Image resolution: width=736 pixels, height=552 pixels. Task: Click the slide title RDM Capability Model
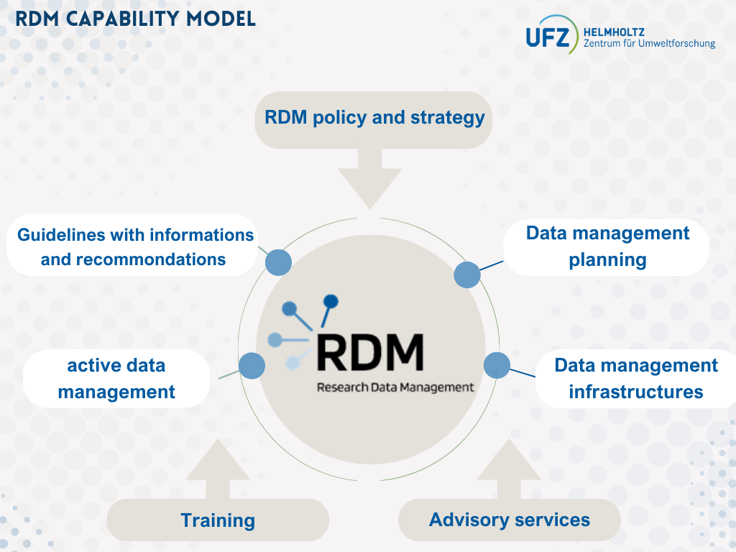(x=136, y=18)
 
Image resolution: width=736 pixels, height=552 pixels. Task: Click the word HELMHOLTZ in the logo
(x=615, y=32)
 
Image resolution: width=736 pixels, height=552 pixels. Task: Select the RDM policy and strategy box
(x=374, y=119)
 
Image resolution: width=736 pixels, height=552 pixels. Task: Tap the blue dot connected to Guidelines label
(x=278, y=263)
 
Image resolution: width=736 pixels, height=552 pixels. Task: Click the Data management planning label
(x=607, y=247)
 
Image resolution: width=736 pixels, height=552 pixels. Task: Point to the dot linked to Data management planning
(x=467, y=275)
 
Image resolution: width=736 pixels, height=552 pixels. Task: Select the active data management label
(x=116, y=378)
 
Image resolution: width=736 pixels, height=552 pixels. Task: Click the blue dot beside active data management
(x=252, y=366)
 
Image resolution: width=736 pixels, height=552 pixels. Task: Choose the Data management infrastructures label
(x=635, y=378)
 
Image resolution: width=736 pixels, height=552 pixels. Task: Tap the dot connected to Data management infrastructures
(x=497, y=365)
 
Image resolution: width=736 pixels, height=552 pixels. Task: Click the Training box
(x=218, y=520)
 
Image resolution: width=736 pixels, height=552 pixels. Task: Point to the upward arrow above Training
(x=218, y=468)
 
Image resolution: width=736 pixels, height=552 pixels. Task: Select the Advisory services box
(x=509, y=520)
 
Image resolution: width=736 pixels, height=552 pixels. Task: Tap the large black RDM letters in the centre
(x=369, y=351)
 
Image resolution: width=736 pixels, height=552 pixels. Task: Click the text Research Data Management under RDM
(x=395, y=387)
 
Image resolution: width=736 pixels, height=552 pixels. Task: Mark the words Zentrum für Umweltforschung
(x=649, y=44)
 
